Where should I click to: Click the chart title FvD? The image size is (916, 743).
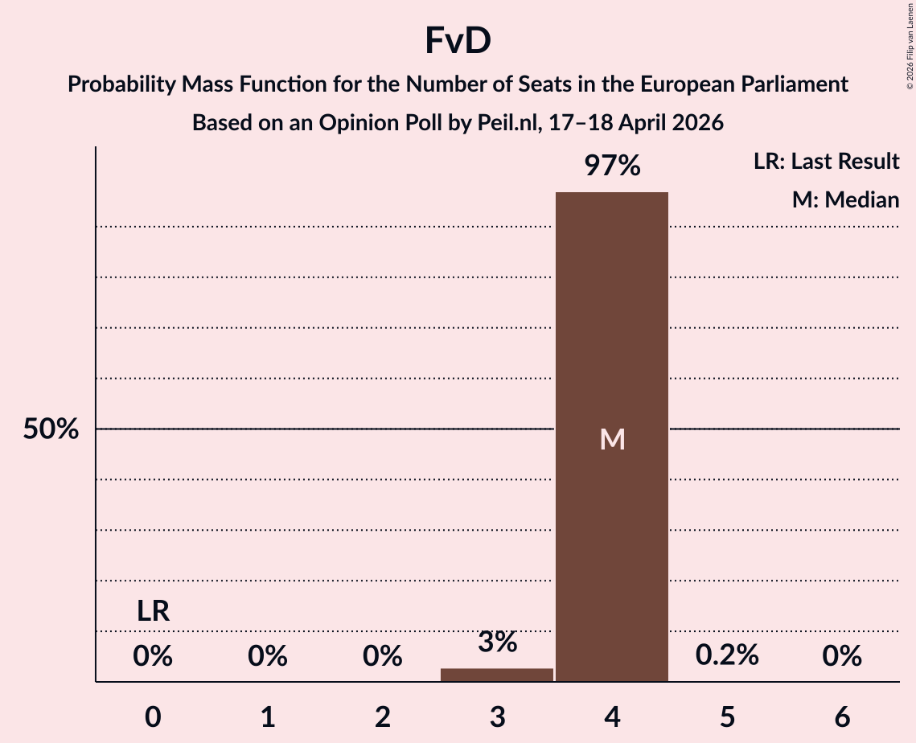(x=458, y=42)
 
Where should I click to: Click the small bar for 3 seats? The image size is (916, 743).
(x=497, y=675)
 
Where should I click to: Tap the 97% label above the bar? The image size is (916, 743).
(x=612, y=166)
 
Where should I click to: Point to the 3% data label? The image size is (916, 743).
(x=497, y=642)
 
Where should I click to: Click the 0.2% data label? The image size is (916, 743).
(x=727, y=655)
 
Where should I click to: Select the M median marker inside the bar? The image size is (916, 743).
(x=612, y=439)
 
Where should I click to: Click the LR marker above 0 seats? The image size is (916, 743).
(x=153, y=612)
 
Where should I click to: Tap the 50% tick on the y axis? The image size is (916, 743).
(x=51, y=429)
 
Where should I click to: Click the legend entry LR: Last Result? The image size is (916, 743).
(x=826, y=162)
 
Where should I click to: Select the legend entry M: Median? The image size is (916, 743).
(x=845, y=199)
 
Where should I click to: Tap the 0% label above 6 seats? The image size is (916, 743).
(x=842, y=657)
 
